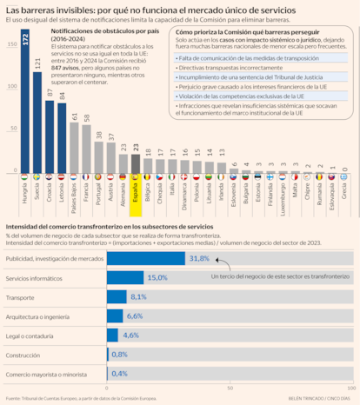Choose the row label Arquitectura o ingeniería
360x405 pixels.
(38, 315)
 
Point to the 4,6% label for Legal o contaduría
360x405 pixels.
(131, 335)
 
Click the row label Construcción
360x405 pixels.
(23, 354)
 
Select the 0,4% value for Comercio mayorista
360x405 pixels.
(119, 373)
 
